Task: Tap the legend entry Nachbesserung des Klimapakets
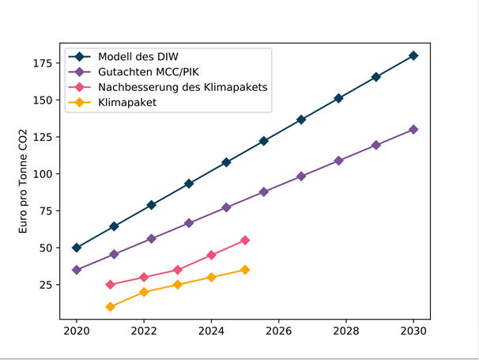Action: click(183, 87)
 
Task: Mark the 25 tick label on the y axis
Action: click(45, 284)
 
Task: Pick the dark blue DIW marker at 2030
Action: click(413, 56)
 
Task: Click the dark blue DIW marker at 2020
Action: click(77, 248)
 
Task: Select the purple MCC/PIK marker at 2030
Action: click(413, 130)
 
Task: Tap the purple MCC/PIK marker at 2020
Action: click(77, 270)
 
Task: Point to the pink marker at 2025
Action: click(245, 240)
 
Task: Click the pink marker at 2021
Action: click(111, 285)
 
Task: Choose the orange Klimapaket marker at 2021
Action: click(111, 307)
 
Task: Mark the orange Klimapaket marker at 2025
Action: click(245, 270)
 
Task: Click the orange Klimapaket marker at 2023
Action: click(178, 285)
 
